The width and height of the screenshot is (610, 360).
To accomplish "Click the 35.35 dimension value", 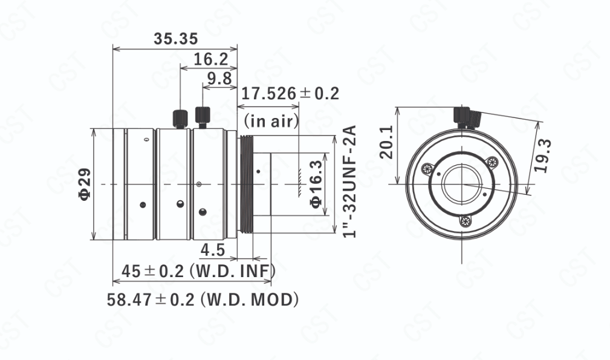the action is (x=176, y=39).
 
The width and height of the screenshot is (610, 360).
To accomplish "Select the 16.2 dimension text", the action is (x=210, y=59).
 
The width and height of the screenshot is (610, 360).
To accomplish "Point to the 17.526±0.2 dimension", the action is (x=290, y=93).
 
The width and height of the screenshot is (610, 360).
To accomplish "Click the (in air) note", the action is (x=271, y=120).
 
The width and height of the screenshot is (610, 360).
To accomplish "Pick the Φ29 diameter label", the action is (x=85, y=184).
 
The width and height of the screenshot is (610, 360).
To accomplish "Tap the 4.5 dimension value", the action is (x=213, y=250).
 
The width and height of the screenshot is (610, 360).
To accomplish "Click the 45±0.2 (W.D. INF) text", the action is (x=198, y=271).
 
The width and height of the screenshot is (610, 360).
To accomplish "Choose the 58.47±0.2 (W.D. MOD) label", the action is (x=203, y=299).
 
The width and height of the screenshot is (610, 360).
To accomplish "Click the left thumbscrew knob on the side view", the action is (x=180, y=119).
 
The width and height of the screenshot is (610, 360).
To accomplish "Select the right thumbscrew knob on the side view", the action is (x=203, y=117).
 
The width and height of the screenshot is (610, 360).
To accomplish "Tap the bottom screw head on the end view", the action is (x=466, y=221).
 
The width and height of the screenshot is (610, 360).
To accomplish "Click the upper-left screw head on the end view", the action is (x=427, y=169).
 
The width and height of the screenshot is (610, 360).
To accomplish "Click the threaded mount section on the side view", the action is (x=245, y=184).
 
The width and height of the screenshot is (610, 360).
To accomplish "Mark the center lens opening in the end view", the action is (x=462, y=184).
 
